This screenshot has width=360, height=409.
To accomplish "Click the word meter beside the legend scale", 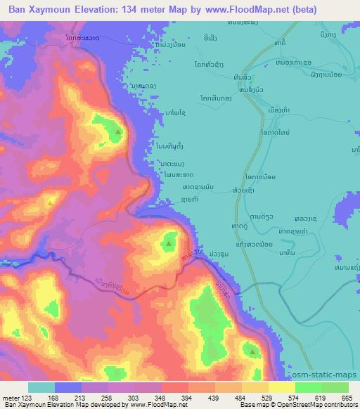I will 11,398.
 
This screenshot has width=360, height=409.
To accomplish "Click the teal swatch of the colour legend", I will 41,387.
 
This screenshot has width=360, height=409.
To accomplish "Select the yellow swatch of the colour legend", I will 281,387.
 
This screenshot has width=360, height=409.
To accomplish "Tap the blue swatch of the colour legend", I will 68,387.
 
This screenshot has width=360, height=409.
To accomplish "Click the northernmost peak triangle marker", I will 118,131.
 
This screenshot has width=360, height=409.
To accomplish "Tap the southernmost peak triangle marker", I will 252,349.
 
